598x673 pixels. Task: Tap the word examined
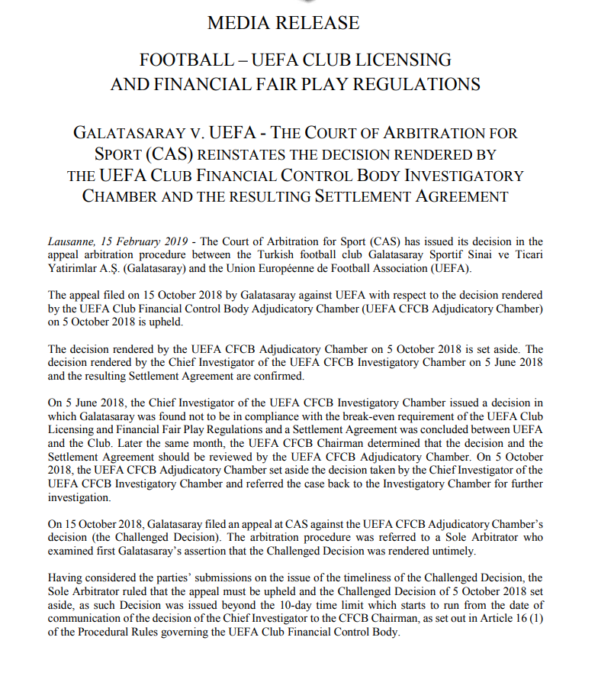pos(72,552)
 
